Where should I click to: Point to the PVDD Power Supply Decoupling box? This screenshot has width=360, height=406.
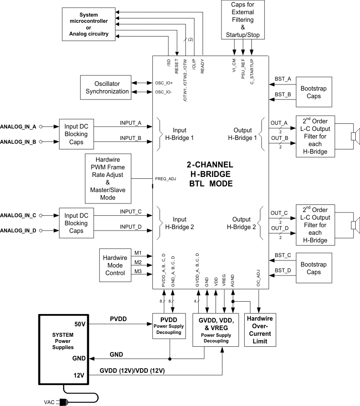(170, 327)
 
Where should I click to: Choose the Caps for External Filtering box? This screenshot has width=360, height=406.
(243, 20)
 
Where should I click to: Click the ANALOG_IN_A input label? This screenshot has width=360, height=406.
(18, 127)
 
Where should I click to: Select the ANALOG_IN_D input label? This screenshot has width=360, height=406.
(18, 231)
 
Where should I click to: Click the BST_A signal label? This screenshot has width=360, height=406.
(283, 80)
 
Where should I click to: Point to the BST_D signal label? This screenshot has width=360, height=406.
(283, 270)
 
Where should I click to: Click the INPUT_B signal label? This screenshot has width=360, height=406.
(131, 138)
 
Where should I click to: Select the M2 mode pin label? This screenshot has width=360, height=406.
(138, 262)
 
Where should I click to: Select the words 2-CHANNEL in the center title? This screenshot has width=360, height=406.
(210, 165)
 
